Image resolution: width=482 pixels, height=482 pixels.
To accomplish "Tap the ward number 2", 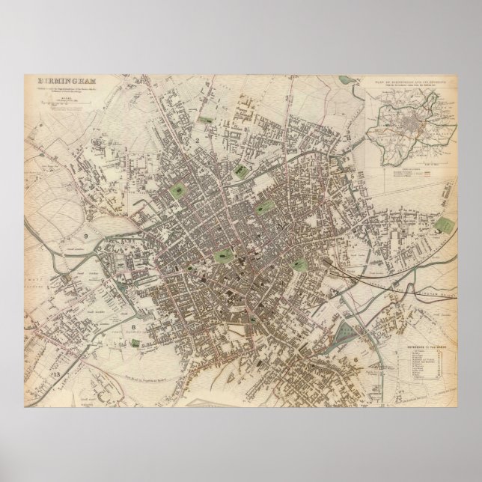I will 197,140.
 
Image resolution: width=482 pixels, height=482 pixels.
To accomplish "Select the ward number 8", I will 132,327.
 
